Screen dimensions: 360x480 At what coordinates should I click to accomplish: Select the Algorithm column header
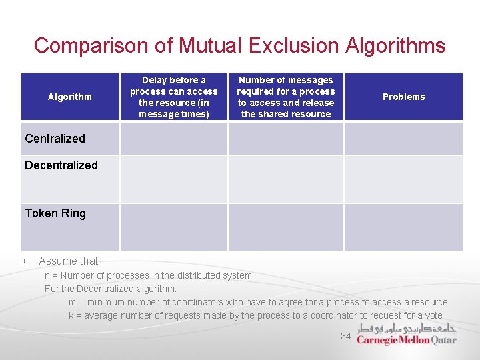[x=70, y=97]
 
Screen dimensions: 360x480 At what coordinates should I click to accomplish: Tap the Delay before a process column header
[x=173, y=97]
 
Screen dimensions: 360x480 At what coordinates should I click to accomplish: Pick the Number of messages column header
[x=286, y=97]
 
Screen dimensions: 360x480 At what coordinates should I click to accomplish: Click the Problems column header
[x=403, y=97]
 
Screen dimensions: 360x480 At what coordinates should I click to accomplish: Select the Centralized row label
[x=55, y=139]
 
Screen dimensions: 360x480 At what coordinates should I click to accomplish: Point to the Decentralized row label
[x=61, y=165]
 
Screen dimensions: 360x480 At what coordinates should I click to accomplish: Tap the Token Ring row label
[x=55, y=213]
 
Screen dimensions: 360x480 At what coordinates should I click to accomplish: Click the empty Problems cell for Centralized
[x=403, y=139]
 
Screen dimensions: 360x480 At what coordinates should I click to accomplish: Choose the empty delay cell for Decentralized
[x=173, y=179]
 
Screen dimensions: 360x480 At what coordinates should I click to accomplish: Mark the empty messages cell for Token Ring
[x=286, y=227]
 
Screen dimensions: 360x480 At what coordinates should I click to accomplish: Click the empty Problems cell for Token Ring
[x=403, y=227]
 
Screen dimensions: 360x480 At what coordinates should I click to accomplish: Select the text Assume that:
[x=69, y=261]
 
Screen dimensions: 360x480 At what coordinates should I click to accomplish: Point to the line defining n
[x=148, y=275]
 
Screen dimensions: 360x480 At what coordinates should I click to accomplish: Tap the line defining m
[x=258, y=302]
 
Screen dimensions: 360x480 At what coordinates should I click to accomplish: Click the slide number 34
[x=345, y=336]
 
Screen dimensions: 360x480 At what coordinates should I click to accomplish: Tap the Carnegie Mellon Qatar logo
[x=407, y=334]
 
